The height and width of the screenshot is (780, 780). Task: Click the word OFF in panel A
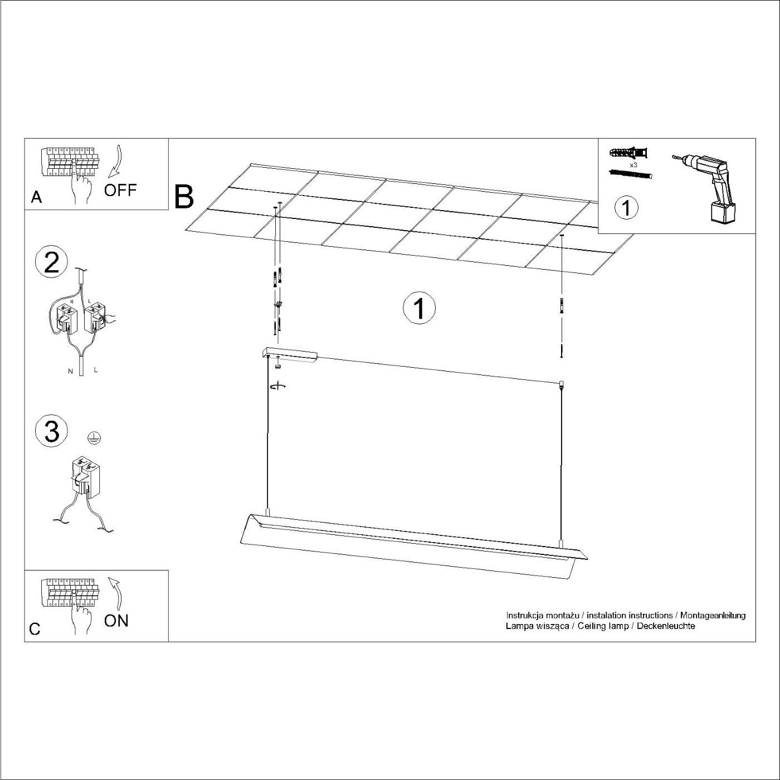(x=120, y=190)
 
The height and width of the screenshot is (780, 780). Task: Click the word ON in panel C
(x=116, y=621)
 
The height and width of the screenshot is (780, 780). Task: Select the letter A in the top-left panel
(x=36, y=197)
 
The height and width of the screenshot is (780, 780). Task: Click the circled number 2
(x=51, y=262)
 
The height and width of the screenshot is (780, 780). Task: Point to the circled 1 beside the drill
(x=626, y=208)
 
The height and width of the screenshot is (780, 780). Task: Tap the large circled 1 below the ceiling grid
(x=420, y=309)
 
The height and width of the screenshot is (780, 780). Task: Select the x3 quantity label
(x=634, y=165)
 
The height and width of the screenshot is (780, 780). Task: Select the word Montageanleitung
(x=713, y=615)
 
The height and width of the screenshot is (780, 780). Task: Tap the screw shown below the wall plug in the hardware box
(x=631, y=174)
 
